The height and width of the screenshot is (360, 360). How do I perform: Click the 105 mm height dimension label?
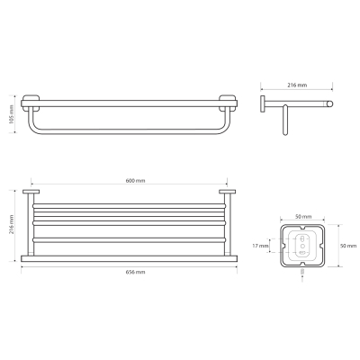pyautogui.click(x=11, y=114)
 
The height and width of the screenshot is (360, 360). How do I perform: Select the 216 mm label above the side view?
pyautogui.click(x=297, y=85)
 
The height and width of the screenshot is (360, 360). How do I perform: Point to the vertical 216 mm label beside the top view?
pyautogui.click(x=11, y=224)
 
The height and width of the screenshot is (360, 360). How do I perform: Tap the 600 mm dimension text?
pyautogui.click(x=135, y=181)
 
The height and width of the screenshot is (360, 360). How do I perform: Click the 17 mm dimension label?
pyautogui.click(x=260, y=246)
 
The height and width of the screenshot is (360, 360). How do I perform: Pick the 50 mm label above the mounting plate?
pyautogui.click(x=303, y=217)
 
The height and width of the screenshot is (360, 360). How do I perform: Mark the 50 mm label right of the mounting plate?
pyautogui.click(x=348, y=246)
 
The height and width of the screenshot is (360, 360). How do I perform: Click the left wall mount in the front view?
pyautogui.click(x=31, y=103)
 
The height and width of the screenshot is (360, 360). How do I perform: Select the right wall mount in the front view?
pyautogui.click(x=229, y=103)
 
